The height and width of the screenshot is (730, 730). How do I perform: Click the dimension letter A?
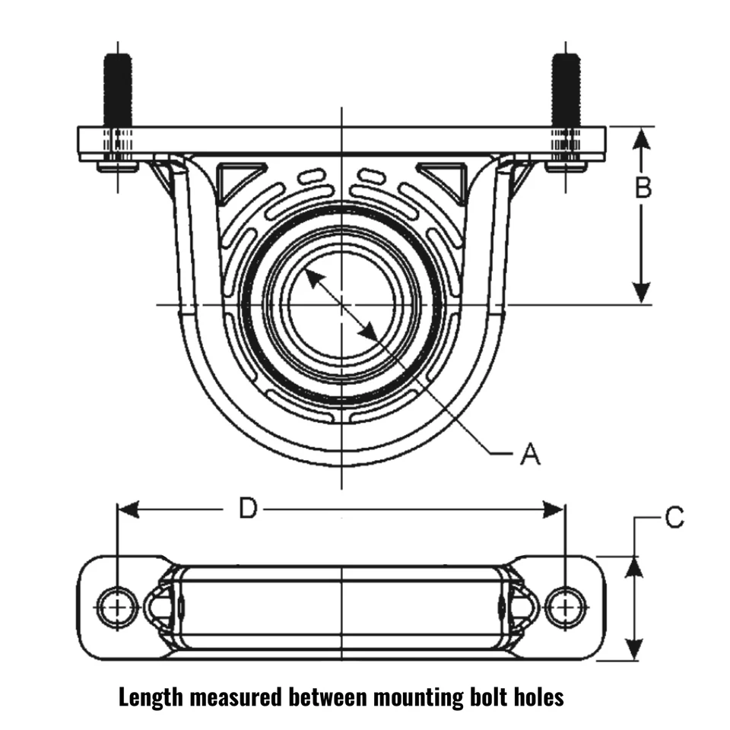[x=530, y=454]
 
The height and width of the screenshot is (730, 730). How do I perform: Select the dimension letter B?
[x=643, y=188]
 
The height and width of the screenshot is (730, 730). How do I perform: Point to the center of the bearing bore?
[x=342, y=304]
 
